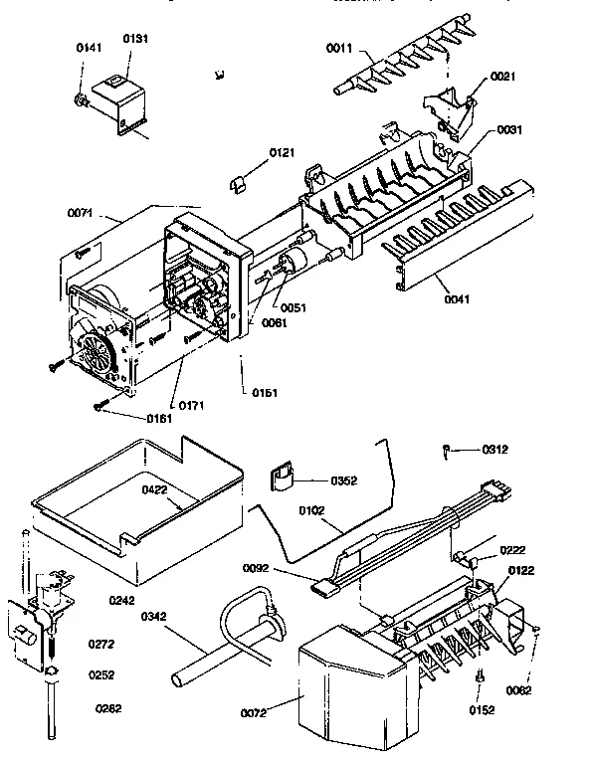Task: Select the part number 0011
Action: click(x=341, y=47)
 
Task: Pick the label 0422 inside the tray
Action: click(x=154, y=489)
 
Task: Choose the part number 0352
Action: click(x=344, y=481)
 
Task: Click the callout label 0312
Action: click(x=494, y=449)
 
